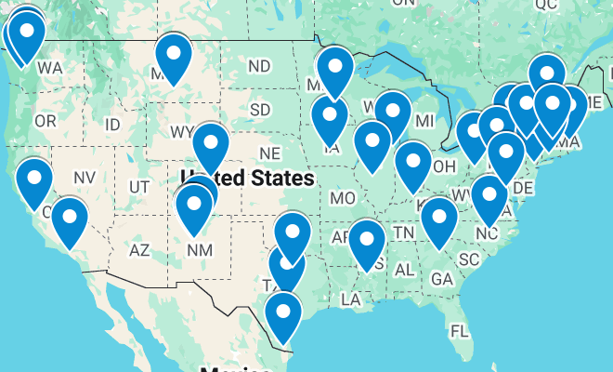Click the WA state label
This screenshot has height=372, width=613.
pyautogui.click(x=50, y=69)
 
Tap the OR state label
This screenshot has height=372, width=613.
pyautogui.click(x=46, y=121)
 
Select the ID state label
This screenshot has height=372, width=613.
pyautogui.click(x=112, y=125)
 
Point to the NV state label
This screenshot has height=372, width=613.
pyautogui.click(x=85, y=178)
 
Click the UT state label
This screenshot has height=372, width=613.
pyautogui.click(x=139, y=187)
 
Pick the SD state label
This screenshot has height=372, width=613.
pyautogui.click(x=260, y=110)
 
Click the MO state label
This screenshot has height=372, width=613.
pyautogui.click(x=343, y=198)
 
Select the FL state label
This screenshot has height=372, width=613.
pyautogui.click(x=459, y=330)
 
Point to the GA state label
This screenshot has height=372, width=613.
pyautogui.click(x=442, y=278)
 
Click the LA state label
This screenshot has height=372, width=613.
pyautogui.click(x=351, y=299)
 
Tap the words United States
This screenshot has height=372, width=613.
pyautogui.click(x=247, y=177)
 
